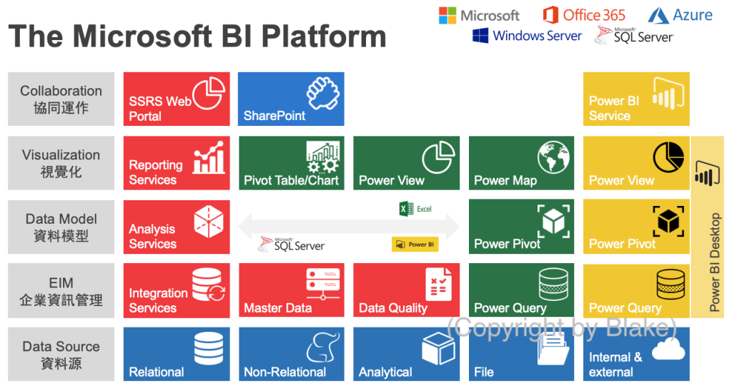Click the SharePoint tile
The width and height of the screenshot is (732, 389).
[291, 99]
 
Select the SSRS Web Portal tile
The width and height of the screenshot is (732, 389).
[177, 99]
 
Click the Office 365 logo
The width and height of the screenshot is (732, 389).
[584, 15]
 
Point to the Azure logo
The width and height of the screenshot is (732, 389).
[680, 15]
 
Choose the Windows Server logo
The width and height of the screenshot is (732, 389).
[527, 36]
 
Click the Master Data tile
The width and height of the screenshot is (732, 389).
[291, 290]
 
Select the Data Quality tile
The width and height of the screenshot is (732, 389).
[406, 290]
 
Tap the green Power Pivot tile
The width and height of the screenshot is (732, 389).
[521, 226]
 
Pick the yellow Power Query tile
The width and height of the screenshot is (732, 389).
[636, 290]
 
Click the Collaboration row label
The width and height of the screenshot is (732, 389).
[61, 99]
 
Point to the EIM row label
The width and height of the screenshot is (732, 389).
[61, 291]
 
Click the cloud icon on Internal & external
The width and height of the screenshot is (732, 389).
[668, 348]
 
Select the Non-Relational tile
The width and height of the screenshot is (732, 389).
[291, 354]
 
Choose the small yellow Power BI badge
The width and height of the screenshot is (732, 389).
[415, 245]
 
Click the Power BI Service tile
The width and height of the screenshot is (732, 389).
[636, 99]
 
